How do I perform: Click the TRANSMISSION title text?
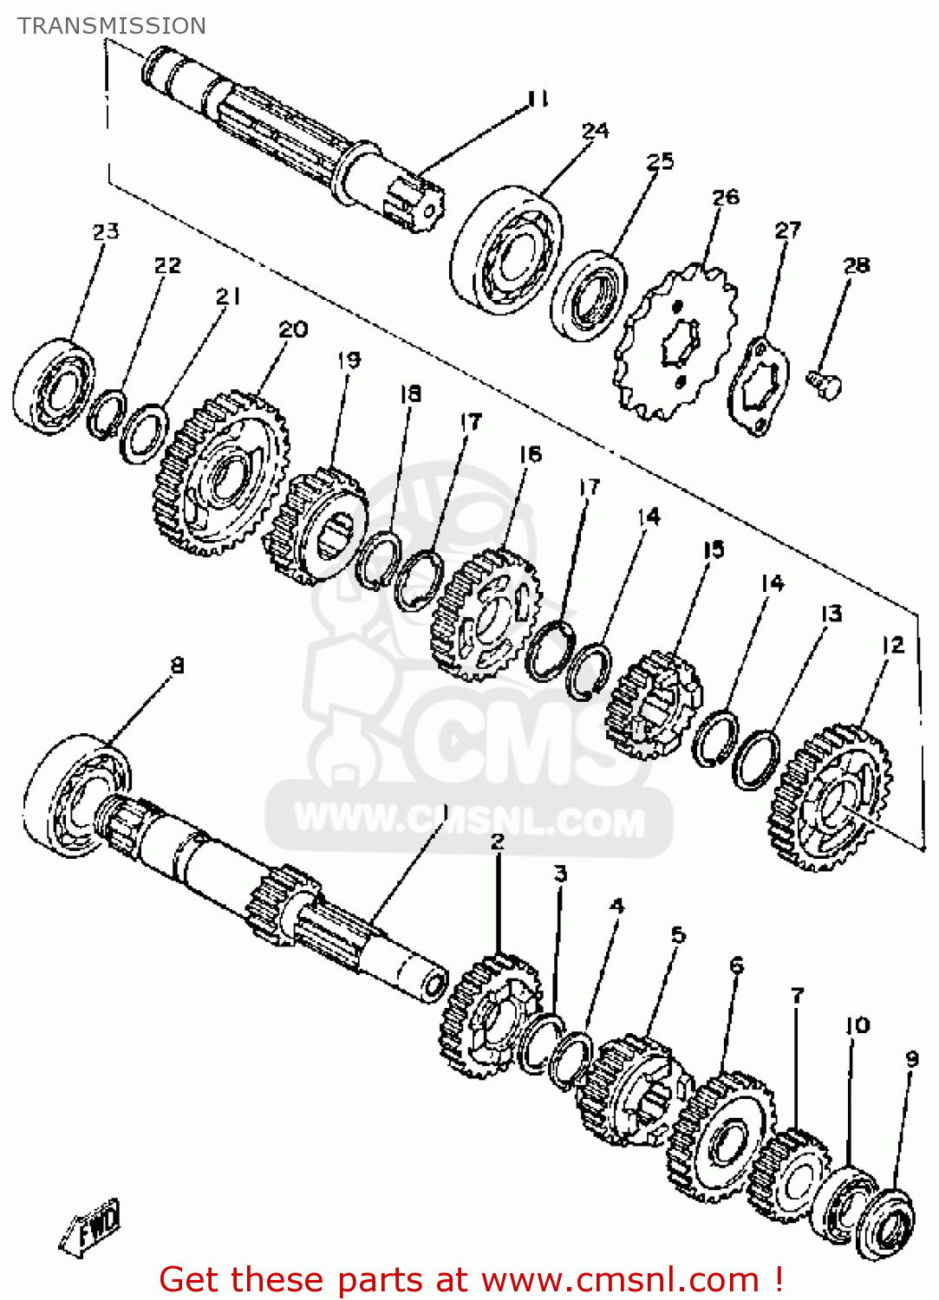click(x=112, y=26)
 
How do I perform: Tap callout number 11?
click(x=538, y=100)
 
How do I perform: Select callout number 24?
click(x=596, y=131)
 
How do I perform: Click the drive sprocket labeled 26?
click(x=675, y=341)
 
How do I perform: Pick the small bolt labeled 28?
click(x=824, y=384)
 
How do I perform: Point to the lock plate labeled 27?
click(x=759, y=387)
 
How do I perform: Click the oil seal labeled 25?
click(x=588, y=296)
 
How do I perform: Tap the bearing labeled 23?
click(x=54, y=386)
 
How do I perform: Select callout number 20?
click(x=293, y=329)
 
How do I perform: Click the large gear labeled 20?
click(x=221, y=473)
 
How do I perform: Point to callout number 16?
click(x=530, y=454)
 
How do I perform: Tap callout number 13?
click(x=831, y=614)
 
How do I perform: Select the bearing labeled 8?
click(x=76, y=796)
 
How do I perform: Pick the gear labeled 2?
click(x=492, y=1016)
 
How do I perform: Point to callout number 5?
click(x=678, y=934)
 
